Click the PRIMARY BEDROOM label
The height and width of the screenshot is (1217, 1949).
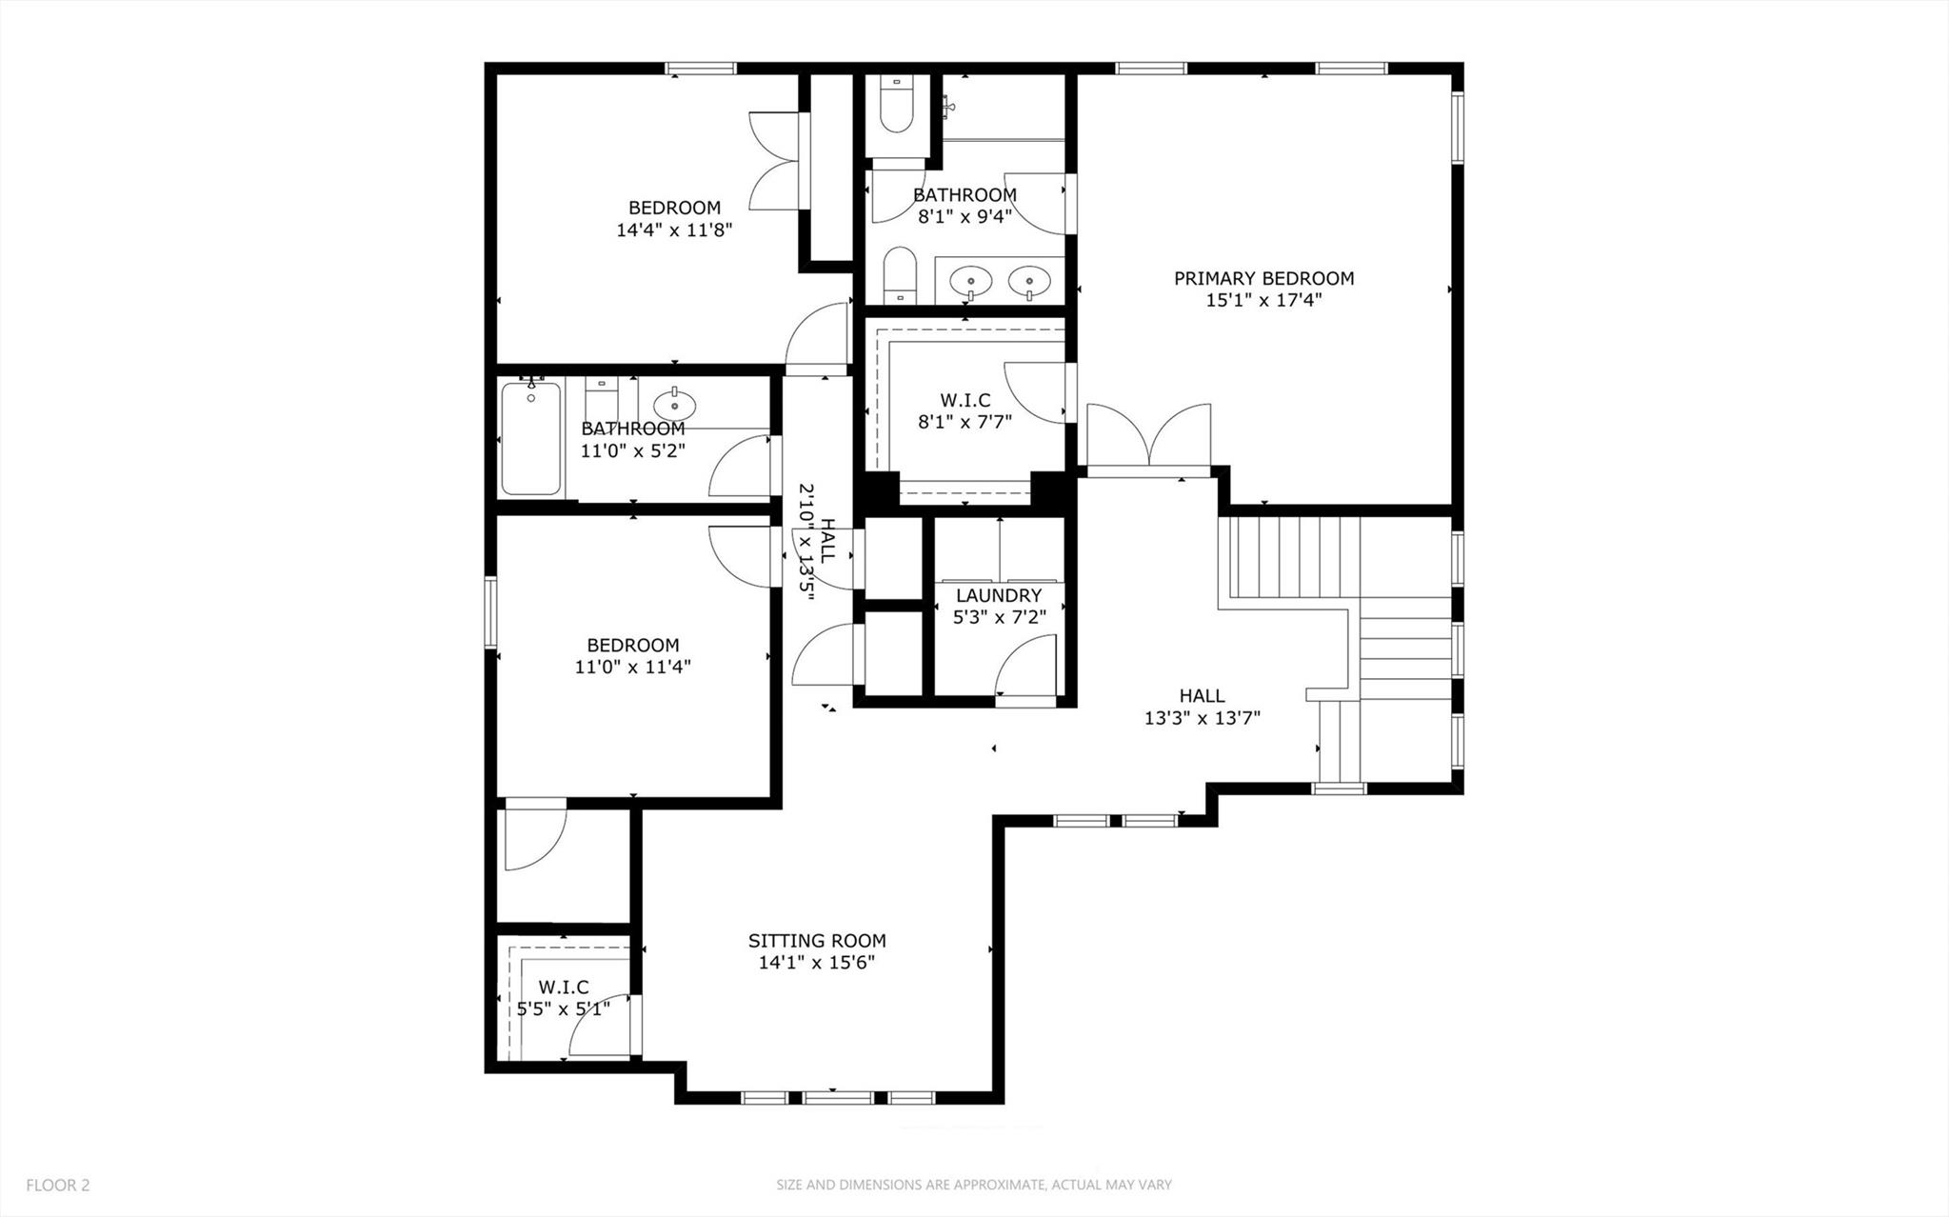tap(1263, 278)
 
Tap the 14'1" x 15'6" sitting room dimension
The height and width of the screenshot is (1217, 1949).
tap(816, 963)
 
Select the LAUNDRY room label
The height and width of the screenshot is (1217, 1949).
tap(999, 595)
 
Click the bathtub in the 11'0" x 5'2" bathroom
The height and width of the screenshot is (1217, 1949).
tap(530, 437)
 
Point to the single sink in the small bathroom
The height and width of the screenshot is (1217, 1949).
tap(674, 404)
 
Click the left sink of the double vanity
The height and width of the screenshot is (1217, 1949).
tap(971, 280)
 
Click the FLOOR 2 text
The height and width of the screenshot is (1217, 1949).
tap(58, 1186)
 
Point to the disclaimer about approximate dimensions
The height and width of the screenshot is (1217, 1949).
tap(973, 1186)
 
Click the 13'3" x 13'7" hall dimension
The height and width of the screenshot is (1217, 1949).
tap(1202, 718)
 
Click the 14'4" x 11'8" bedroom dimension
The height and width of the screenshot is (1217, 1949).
tap(674, 229)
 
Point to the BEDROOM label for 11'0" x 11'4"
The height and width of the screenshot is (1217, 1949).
tap(632, 645)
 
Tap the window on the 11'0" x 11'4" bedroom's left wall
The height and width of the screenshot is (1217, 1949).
tap(490, 610)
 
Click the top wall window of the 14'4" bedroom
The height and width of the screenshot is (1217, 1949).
tap(700, 68)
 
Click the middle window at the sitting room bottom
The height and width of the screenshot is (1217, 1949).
tap(837, 1098)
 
